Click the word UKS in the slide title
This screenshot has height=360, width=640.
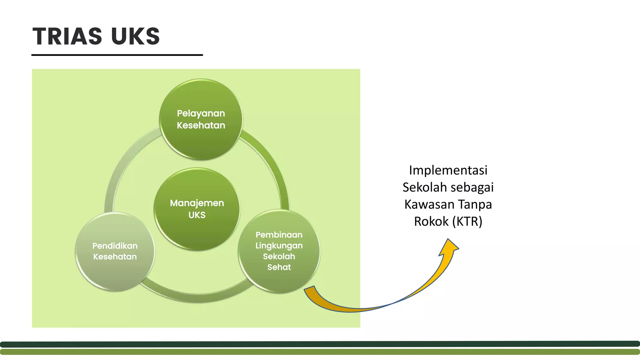pos(135,36)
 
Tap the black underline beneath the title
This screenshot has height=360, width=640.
pos(117,55)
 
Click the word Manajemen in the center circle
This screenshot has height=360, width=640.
pos(197,203)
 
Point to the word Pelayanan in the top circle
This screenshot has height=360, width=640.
pos(201,113)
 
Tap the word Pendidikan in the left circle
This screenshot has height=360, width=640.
pos(115,246)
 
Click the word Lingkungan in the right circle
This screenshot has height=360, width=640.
pos(279,246)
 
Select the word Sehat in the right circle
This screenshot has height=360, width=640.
pos(279,267)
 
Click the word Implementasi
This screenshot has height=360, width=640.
pos(448,170)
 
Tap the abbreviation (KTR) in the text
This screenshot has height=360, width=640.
pos(467,221)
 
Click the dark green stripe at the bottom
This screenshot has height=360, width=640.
pos(320,344)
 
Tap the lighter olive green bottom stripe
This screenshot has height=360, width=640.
pos(320,352)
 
